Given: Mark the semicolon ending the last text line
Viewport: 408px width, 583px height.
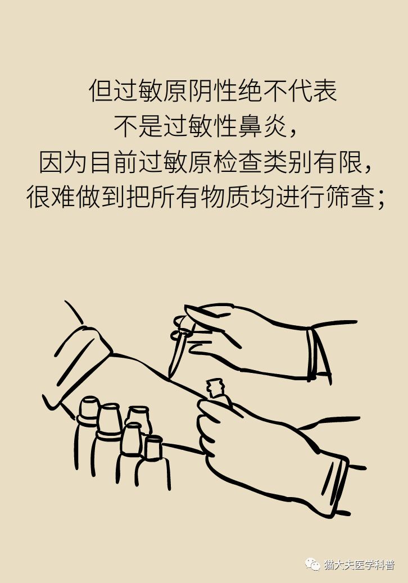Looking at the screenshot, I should pos(382,202).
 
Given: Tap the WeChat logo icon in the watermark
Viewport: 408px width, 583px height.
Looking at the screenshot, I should pos(312,563).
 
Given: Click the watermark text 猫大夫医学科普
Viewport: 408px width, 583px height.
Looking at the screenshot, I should pos(360,564).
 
